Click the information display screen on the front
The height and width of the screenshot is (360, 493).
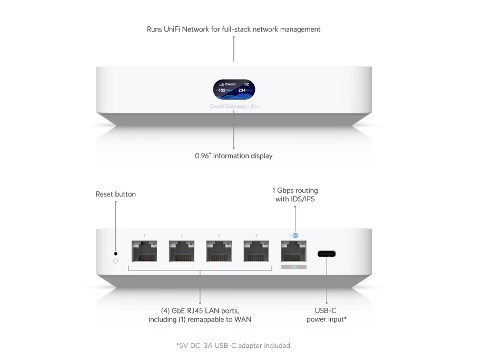234,90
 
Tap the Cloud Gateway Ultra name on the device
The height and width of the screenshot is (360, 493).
234,106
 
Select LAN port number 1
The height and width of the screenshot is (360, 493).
144,251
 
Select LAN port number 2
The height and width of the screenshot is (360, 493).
182,251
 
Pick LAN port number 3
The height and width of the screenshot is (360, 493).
219,251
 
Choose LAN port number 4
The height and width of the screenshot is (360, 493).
257,251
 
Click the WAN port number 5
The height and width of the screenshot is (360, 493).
294,251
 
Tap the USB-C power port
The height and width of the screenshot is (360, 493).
327,254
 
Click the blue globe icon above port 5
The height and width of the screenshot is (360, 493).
295,236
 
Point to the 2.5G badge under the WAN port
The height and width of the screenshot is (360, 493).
294,267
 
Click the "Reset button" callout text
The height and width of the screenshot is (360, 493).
115,194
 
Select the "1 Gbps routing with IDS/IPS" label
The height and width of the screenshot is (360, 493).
295,195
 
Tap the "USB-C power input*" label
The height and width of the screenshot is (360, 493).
327,315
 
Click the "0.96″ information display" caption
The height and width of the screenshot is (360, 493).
234,156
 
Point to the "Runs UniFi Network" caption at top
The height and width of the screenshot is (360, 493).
234,30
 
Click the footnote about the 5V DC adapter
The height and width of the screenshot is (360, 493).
234,346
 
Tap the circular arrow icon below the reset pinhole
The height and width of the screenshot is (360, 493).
116,261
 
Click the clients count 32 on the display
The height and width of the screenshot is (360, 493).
246,84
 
